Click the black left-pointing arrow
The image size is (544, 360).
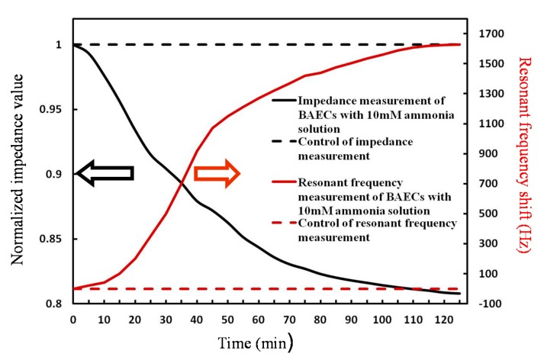click(105, 174)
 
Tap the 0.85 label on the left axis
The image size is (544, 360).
click(51, 239)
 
